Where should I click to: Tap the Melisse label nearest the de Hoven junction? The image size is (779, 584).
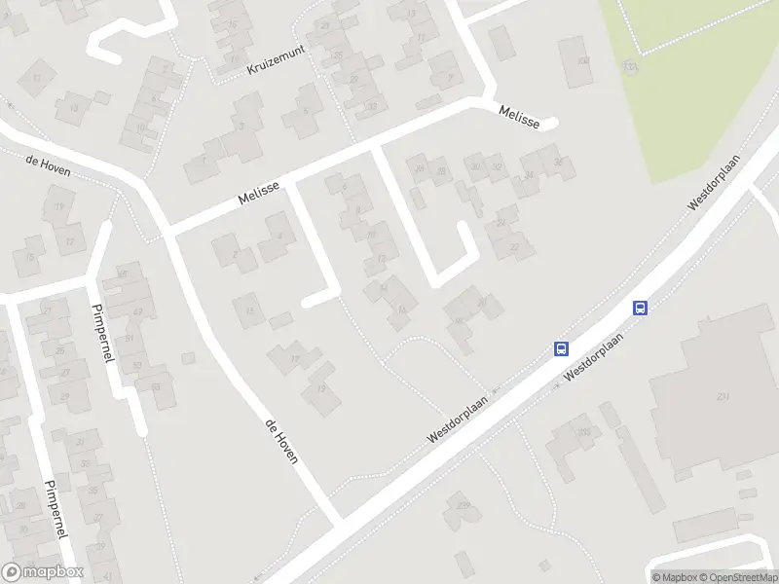click(260, 192)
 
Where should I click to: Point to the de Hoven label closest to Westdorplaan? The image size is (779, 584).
click(281, 441)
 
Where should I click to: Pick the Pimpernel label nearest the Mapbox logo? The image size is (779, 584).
click(55, 510)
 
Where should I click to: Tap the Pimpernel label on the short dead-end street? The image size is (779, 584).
click(101, 331)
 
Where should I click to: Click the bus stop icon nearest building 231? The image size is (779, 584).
click(641, 309)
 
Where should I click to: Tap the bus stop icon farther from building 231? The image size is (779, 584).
click(562, 348)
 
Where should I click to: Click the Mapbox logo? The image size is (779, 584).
click(42, 572)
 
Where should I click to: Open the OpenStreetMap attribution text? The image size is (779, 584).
click(737, 577)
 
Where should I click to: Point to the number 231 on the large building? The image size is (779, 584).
click(723, 397)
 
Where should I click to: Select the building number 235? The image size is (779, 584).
click(584, 431)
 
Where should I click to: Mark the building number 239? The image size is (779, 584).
click(464, 504)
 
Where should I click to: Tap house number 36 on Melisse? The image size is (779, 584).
click(557, 162)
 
